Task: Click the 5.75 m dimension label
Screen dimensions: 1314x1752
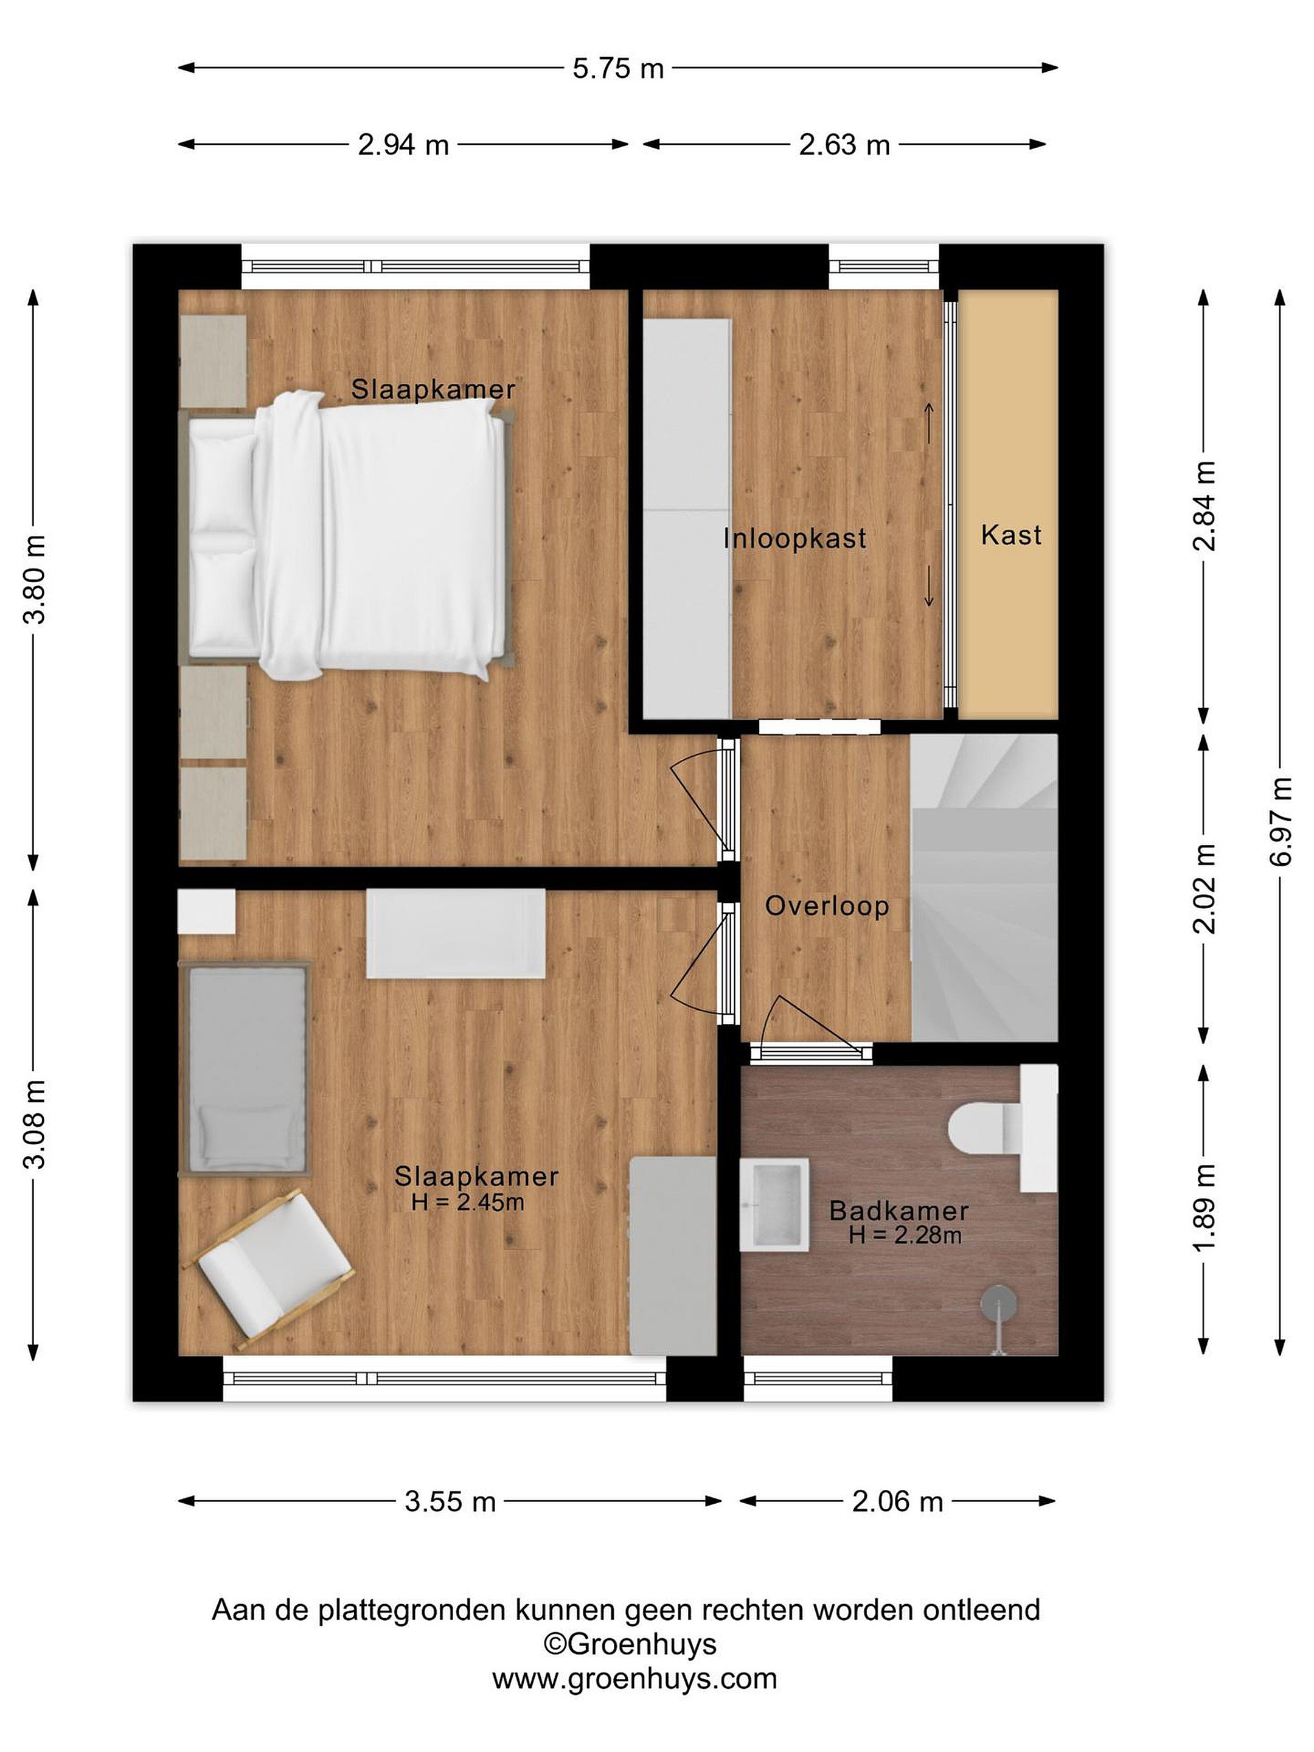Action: coord(618,69)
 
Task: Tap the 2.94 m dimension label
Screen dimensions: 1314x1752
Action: coord(403,145)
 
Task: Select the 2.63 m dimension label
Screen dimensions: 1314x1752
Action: coord(844,145)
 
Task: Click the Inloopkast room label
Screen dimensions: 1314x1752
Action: coord(794,538)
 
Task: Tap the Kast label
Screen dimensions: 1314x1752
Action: coord(1010,535)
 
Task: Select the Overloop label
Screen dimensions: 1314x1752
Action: coord(827,906)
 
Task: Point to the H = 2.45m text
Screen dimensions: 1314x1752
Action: coord(467,1202)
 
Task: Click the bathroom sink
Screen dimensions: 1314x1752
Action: coord(774,1204)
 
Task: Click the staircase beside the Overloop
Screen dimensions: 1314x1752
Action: coord(984,887)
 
